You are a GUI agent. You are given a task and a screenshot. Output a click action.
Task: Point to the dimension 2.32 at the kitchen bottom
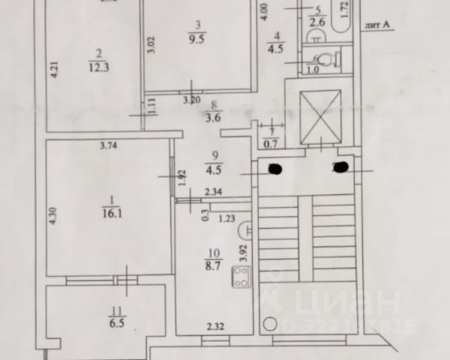pos(216,325)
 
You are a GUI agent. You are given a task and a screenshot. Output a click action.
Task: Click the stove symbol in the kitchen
pos(241,283)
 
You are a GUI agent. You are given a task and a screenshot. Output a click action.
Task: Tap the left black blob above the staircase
pos(274,168)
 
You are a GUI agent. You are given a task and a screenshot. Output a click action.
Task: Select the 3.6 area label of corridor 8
pos(213,115)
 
